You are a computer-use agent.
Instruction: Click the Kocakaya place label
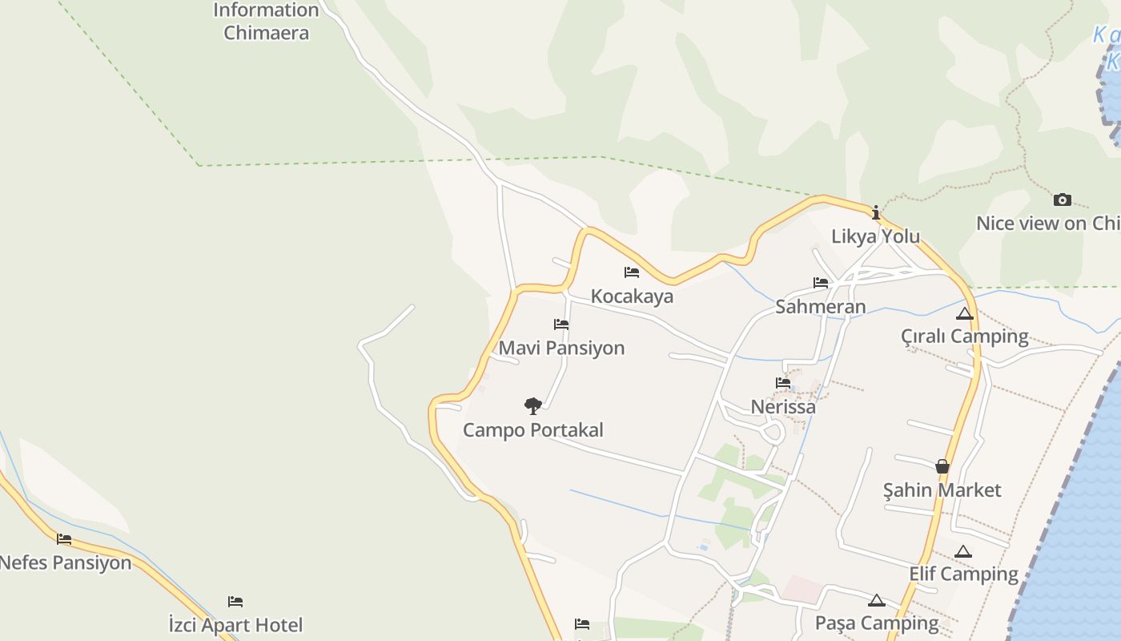pyautogui.click(x=632, y=296)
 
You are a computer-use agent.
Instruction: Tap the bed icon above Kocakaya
pyautogui.click(x=632, y=272)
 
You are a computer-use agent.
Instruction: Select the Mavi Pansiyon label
pyautogui.click(x=561, y=349)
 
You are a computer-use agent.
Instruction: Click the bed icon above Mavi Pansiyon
pyautogui.click(x=561, y=325)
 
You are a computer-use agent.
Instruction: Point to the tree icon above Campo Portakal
pyautogui.click(x=532, y=405)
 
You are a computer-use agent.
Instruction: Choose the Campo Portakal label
pyautogui.click(x=532, y=430)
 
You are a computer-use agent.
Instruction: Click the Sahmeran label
pyautogui.click(x=820, y=307)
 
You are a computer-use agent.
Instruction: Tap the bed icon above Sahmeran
pyautogui.click(x=821, y=283)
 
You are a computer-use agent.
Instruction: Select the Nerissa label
pyautogui.click(x=783, y=407)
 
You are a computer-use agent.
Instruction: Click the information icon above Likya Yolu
pyautogui.click(x=876, y=212)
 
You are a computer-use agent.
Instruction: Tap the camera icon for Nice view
pyautogui.click(x=1063, y=200)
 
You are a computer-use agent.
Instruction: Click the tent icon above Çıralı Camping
pyautogui.click(x=965, y=313)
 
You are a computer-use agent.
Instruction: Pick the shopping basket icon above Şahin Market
pyautogui.click(x=942, y=466)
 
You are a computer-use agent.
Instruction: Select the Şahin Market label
pyautogui.click(x=942, y=490)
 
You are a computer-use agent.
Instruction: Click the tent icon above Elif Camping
pyautogui.click(x=963, y=551)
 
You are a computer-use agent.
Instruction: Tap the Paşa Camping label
pyautogui.click(x=876, y=623)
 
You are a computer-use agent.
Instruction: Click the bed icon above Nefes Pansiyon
pyautogui.click(x=64, y=538)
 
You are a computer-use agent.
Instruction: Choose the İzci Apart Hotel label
pyautogui.click(x=235, y=625)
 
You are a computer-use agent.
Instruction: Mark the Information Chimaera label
pyautogui.click(x=266, y=22)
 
